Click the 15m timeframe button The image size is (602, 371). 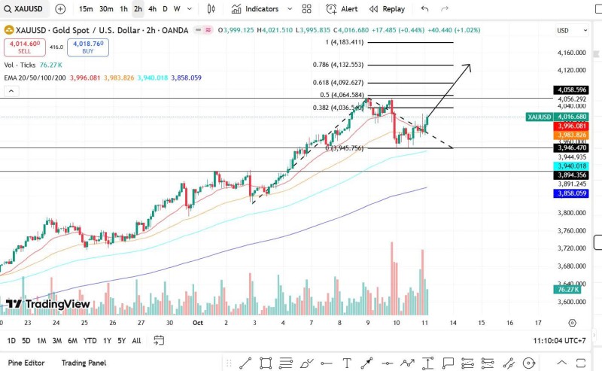86,9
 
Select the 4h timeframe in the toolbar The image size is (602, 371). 153,9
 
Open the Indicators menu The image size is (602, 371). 255,9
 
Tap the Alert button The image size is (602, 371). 342,9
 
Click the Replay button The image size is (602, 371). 387,9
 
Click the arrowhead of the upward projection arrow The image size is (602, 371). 470,65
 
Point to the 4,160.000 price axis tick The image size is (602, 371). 572,53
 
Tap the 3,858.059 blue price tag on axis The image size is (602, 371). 571,193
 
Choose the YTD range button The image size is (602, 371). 90,340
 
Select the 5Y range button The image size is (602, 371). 121,340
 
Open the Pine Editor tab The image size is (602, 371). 26,363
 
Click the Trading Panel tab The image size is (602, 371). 84,363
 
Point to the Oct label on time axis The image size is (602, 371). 198,322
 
